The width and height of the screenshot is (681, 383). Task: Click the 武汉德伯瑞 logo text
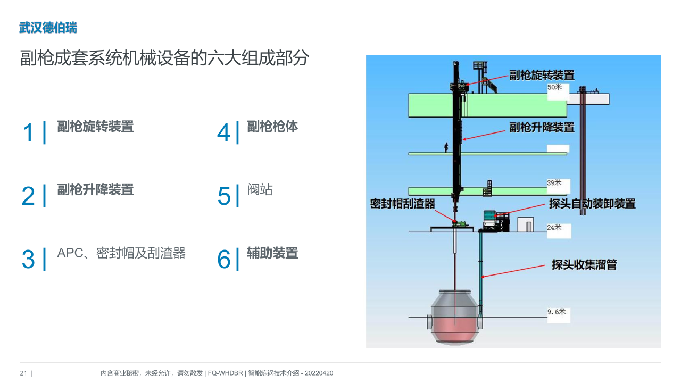click(x=48, y=28)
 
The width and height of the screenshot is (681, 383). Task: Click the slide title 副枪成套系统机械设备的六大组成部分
click(x=164, y=58)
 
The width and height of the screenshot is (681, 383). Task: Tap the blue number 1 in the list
click(x=28, y=132)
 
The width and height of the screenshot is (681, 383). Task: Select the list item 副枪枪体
click(x=272, y=127)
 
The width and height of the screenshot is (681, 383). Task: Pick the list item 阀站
click(x=260, y=189)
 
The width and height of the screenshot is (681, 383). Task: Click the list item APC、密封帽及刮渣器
click(x=121, y=253)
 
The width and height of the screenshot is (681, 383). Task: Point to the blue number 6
click(x=224, y=259)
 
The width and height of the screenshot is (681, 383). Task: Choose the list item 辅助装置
click(x=272, y=253)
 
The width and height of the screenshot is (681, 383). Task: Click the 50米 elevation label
click(x=555, y=87)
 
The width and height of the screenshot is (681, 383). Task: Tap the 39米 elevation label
click(x=554, y=182)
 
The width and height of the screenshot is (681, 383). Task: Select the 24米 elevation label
click(x=554, y=227)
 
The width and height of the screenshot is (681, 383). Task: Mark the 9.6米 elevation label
click(x=557, y=312)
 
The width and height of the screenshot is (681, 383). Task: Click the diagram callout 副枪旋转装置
click(x=542, y=75)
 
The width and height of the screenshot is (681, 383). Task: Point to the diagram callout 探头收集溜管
click(x=584, y=265)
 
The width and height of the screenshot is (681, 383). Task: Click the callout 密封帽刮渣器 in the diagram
click(x=403, y=204)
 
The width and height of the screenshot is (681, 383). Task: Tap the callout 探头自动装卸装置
click(x=592, y=204)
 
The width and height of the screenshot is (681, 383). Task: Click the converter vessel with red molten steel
click(x=455, y=317)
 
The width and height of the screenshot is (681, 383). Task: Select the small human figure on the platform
click(x=446, y=147)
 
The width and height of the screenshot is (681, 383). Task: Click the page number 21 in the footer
click(x=23, y=373)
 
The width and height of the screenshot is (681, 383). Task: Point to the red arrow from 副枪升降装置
click(x=484, y=136)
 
